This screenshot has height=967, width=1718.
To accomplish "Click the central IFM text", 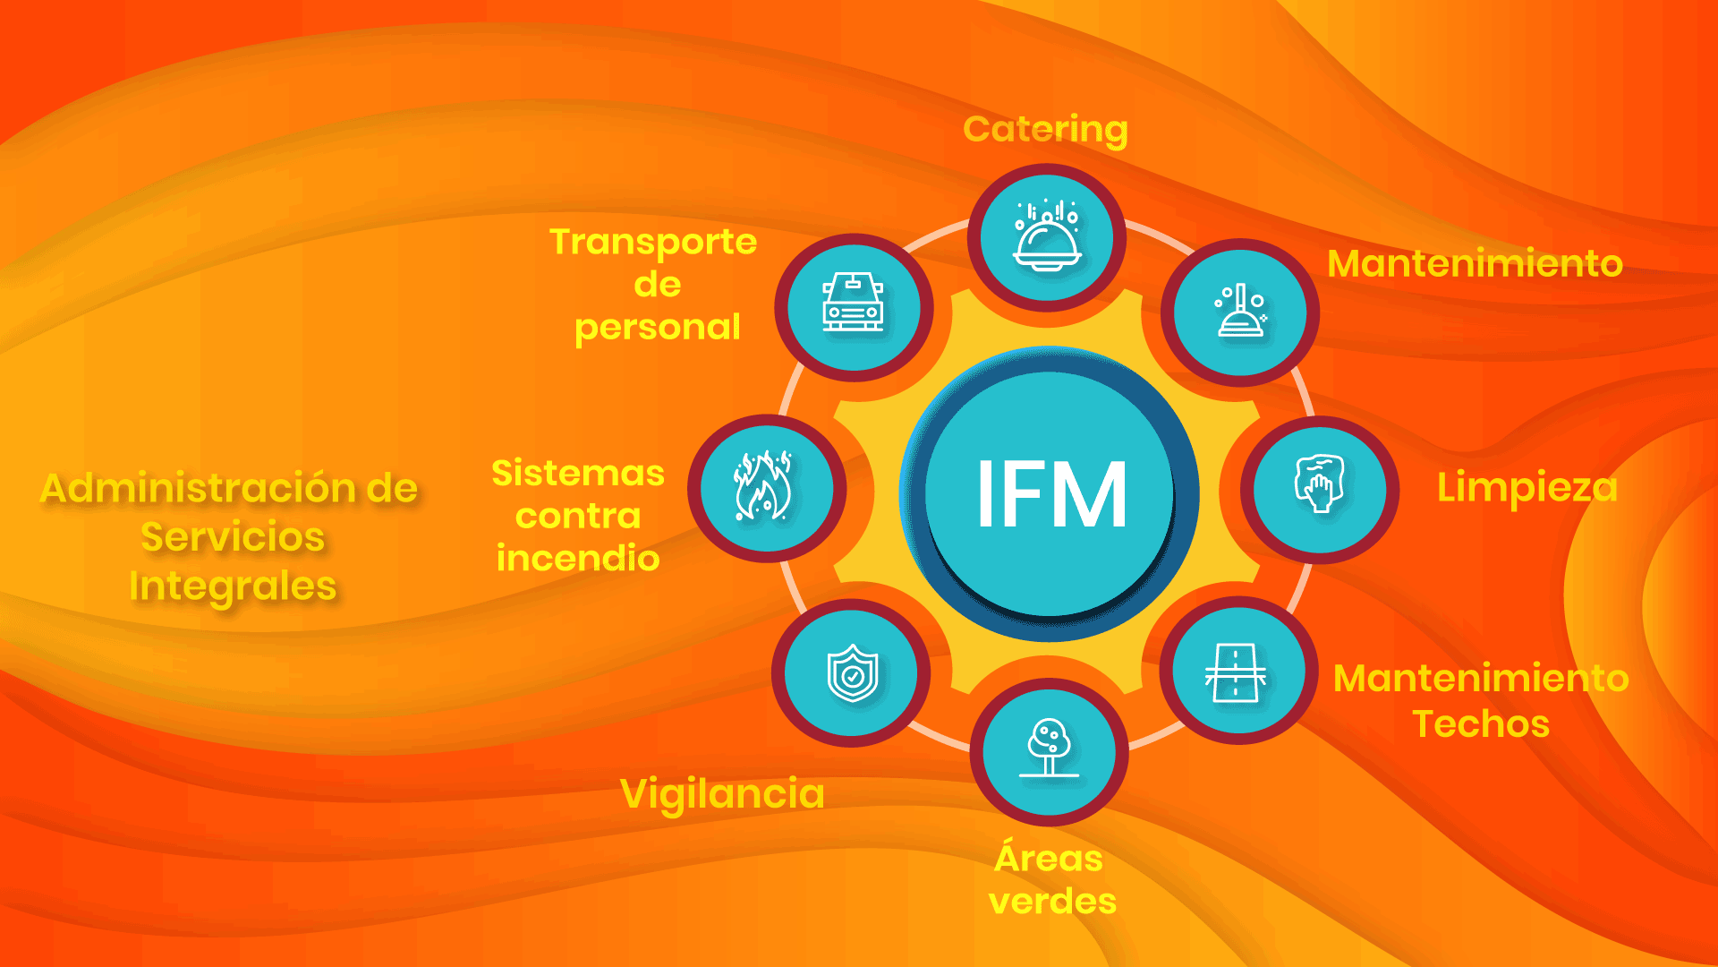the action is click(x=1051, y=493).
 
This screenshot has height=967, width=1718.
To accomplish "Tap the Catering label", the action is click(x=1045, y=130).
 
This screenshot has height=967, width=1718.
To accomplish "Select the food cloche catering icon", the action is click(x=1047, y=235).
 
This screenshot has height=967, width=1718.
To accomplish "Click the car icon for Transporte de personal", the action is click(x=853, y=302).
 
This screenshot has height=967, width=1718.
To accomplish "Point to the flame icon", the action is click(x=763, y=485).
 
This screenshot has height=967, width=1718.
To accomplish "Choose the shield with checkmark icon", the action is click(x=852, y=673).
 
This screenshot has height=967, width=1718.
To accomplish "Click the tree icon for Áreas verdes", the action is click(x=1049, y=748).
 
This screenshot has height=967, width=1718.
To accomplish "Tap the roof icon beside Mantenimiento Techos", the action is click(x=1236, y=672).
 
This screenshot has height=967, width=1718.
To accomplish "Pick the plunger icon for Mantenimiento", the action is click(x=1240, y=311).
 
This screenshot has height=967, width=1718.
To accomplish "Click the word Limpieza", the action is click(x=1527, y=489).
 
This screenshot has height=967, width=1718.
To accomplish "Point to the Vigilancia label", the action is click(x=722, y=794).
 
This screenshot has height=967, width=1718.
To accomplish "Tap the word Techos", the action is click(x=1481, y=723).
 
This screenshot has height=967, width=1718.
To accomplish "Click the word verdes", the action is click(x=1052, y=901).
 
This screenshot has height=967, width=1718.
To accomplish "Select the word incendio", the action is click(x=578, y=558).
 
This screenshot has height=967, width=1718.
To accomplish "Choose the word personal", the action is click(x=658, y=328).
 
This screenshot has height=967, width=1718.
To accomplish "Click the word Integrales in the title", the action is click(x=233, y=586).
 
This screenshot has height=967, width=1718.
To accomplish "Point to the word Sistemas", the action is click(x=578, y=473).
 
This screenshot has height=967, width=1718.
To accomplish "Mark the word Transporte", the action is click(x=653, y=243).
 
